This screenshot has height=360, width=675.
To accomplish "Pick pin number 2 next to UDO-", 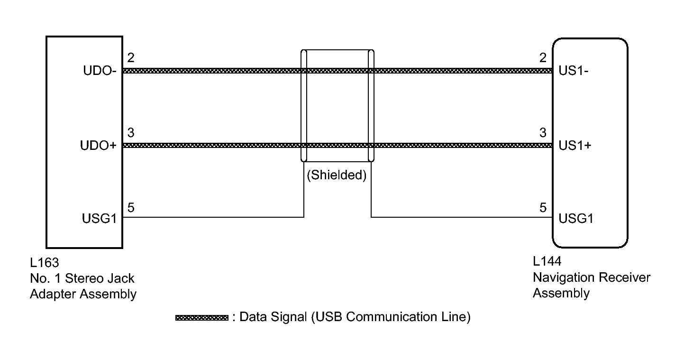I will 131,58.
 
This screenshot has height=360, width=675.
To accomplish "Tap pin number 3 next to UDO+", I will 131,133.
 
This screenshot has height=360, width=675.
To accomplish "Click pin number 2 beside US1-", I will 543,58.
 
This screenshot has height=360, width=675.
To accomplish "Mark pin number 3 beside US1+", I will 543,133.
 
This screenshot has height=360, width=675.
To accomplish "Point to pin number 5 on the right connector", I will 543,207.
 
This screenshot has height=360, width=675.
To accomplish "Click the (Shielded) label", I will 337,175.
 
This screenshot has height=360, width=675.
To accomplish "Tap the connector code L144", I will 547,262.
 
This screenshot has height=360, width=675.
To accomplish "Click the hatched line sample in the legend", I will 202,317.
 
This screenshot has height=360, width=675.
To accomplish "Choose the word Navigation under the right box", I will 564,277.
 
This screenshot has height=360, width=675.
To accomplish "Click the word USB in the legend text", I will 329,317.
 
